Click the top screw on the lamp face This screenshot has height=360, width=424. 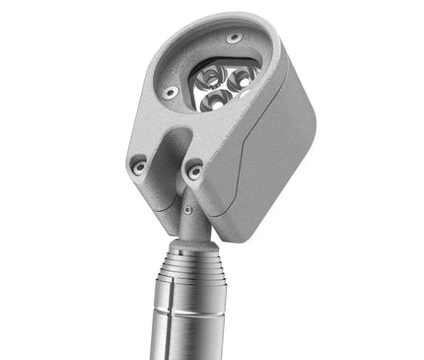tap(234, 38)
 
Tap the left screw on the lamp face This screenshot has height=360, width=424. tap(171, 92)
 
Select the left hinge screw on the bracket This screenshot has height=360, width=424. tap(139, 166)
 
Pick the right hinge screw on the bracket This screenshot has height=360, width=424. tap(195, 170)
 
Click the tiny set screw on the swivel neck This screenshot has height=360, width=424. tap(185, 210)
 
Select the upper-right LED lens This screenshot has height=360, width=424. tap(241, 73)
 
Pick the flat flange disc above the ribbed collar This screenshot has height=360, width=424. tap(189, 246)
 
